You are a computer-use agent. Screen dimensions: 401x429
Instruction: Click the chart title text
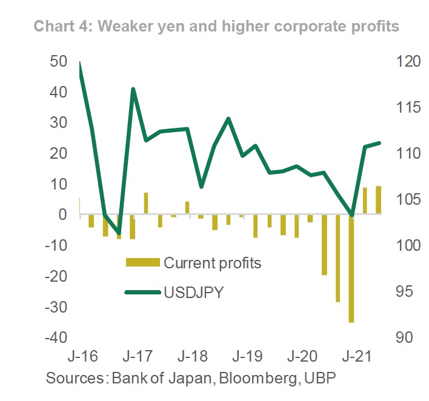(216, 26)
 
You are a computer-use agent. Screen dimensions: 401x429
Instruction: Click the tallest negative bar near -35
(351, 268)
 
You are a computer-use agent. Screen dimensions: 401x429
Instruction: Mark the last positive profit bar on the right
(379, 200)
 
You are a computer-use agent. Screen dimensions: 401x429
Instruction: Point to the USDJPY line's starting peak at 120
(80, 63)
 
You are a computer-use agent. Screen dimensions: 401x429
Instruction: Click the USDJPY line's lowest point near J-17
(119, 233)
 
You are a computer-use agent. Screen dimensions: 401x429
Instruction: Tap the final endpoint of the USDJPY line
(379, 143)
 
